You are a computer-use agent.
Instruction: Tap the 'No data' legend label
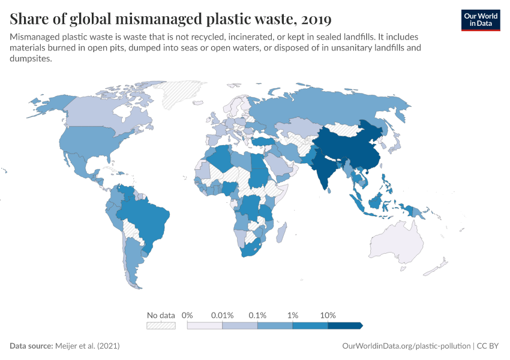161,315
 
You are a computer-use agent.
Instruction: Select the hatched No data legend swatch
161,325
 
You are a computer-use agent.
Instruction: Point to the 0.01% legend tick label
223,315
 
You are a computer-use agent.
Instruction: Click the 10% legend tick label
328,315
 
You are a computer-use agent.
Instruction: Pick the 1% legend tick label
293,315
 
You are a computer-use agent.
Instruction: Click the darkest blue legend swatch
344,325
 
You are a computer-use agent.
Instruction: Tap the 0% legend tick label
187,315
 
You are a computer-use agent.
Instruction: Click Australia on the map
398,246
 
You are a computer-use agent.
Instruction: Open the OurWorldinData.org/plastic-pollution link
406,346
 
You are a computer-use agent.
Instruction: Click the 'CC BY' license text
488,346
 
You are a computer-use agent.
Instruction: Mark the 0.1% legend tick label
257,315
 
